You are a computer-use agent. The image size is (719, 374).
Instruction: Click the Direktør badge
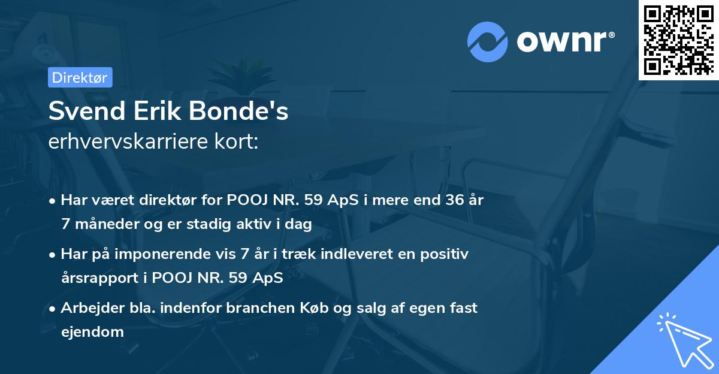tap(80, 77)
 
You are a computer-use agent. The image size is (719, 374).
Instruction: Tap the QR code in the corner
tap(678, 40)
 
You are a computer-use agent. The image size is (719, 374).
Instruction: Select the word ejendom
tap(92, 331)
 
